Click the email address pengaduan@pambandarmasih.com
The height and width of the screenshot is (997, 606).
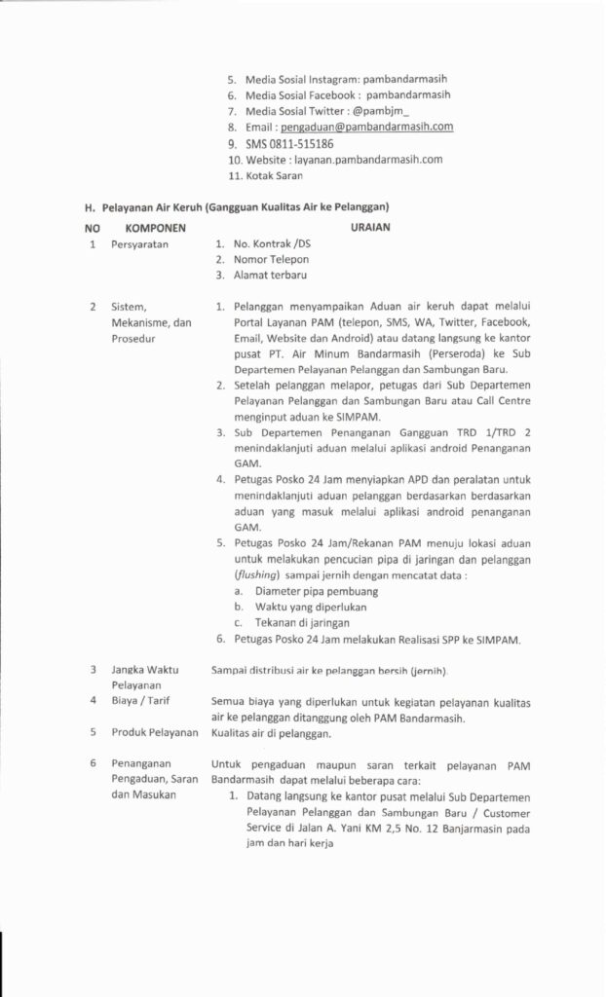(367, 127)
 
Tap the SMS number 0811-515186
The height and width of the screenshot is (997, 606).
(284, 143)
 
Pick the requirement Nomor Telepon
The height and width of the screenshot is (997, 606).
(271, 260)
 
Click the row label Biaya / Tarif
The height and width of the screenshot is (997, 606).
(139, 700)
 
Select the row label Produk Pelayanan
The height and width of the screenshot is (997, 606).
(155, 732)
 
